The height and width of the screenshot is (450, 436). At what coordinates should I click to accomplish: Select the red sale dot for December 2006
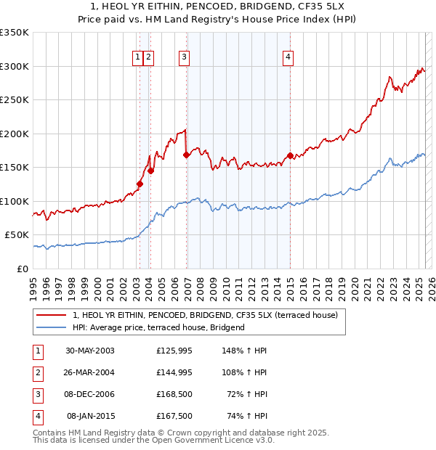(x=187, y=155)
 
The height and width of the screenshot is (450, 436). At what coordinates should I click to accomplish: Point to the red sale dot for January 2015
(x=290, y=155)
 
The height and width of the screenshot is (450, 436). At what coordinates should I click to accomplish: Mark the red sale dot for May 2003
(x=140, y=184)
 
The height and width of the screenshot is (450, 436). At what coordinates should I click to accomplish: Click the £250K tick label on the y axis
(x=15, y=100)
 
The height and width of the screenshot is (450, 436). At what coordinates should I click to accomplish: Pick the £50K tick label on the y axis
(x=17, y=235)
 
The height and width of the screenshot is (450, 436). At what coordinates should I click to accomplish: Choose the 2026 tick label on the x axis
(x=430, y=285)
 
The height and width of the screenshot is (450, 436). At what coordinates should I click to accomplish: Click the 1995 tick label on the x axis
(x=33, y=285)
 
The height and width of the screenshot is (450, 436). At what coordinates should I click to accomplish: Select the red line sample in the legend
(x=52, y=316)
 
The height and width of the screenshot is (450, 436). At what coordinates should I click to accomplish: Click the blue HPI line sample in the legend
(x=52, y=328)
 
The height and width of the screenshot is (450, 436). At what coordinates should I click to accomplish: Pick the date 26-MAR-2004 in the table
(x=90, y=372)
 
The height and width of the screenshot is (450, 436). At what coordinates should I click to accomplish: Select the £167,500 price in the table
(x=174, y=416)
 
